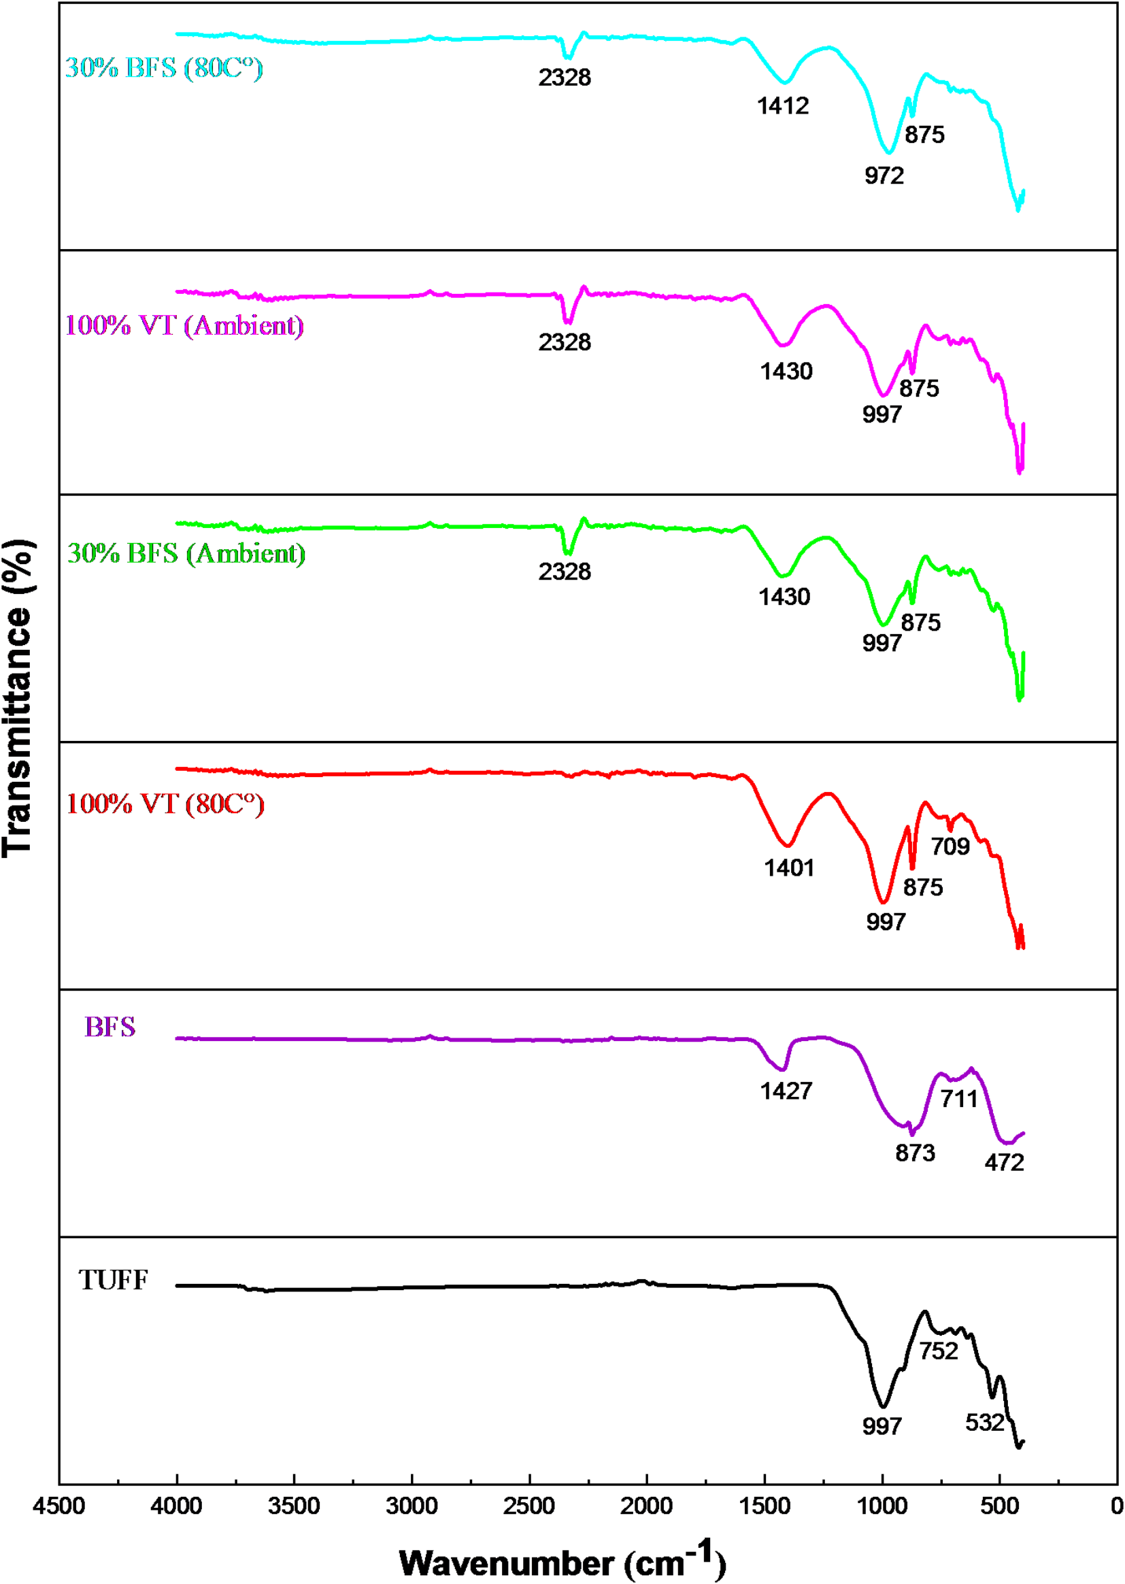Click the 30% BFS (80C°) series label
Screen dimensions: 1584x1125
tap(164, 68)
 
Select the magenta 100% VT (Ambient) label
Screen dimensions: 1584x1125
tap(184, 326)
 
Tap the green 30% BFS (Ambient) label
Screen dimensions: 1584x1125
tap(186, 554)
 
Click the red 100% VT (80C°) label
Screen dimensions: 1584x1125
tap(165, 804)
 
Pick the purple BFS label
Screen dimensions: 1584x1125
tap(110, 1027)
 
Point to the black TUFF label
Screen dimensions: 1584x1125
tap(113, 1281)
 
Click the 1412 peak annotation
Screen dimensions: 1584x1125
tap(783, 106)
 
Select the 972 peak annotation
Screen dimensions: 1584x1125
tap(884, 176)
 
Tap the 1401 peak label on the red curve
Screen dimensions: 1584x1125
tap(789, 868)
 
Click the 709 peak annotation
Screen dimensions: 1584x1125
tap(950, 846)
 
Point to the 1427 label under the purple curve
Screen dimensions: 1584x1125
tap(786, 1091)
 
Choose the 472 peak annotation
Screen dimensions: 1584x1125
tap(1004, 1162)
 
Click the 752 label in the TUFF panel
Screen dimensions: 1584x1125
tap(939, 1351)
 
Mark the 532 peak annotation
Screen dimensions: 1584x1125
tap(984, 1423)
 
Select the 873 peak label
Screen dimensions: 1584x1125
tap(915, 1153)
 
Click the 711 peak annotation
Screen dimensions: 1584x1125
tap(959, 1099)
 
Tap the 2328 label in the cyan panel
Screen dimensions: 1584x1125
tap(565, 78)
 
